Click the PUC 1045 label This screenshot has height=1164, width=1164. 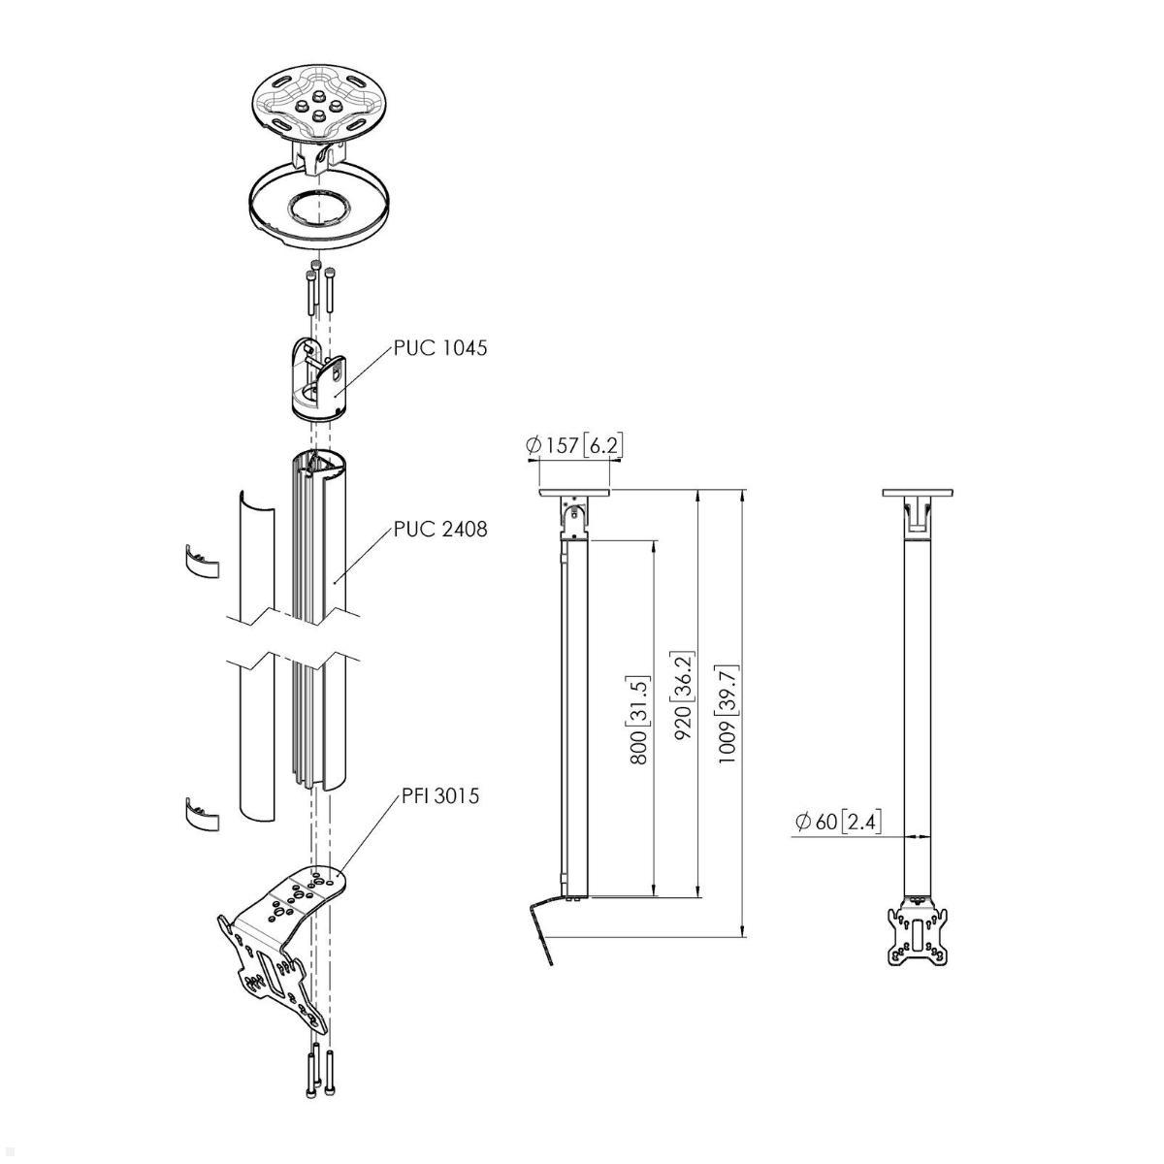[439, 347]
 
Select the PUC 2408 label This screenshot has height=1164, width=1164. [439, 530]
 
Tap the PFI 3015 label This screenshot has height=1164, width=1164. [439, 797]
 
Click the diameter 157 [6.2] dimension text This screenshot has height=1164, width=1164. [574, 445]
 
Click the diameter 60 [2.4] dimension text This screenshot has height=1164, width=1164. [837, 823]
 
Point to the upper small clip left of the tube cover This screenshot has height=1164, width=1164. [200, 562]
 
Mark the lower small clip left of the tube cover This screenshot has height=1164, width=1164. [200, 814]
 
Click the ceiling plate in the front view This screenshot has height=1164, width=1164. [917, 493]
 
